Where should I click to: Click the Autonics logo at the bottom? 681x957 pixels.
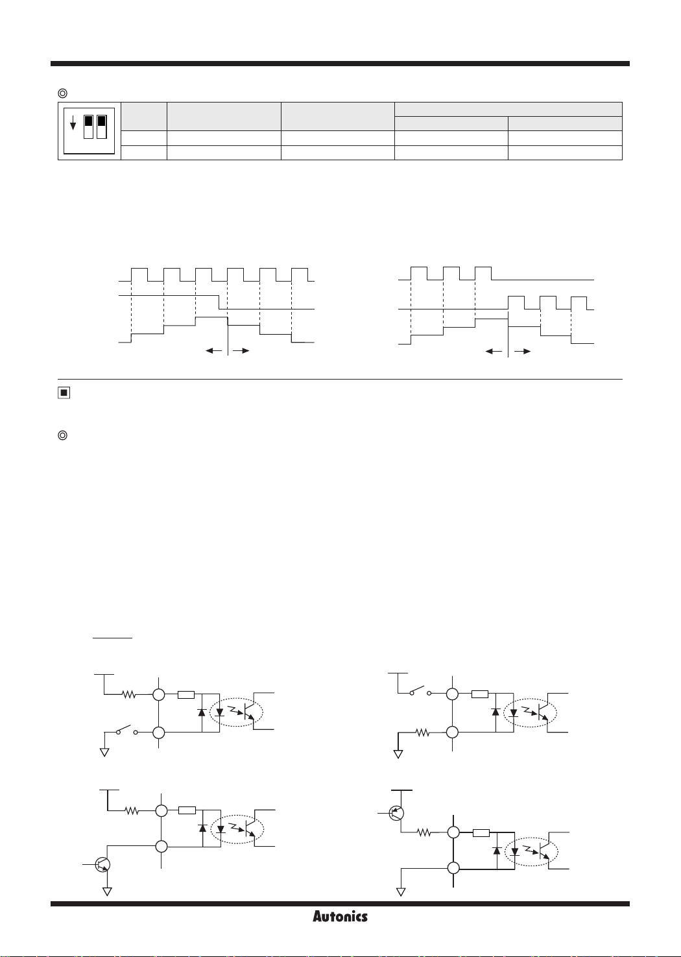click(x=340, y=916)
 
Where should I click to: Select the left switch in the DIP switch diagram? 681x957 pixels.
click(x=88, y=127)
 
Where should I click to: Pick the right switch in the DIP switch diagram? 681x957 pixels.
click(x=101, y=127)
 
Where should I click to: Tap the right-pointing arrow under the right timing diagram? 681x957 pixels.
click(x=523, y=351)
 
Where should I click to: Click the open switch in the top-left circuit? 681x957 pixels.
click(x=126, y=731)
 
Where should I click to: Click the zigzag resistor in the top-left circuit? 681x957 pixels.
click(x=128, y=694)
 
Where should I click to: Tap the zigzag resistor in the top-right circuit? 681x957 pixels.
click(x=423, y=733)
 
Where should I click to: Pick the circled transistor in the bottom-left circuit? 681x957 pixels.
click(x=102, y=864)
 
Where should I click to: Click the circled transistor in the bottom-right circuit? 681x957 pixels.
click(x=396, y=812)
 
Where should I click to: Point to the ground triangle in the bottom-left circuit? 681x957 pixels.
click(x=108, y=891)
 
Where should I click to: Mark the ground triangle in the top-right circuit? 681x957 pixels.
click(x=398, y=754)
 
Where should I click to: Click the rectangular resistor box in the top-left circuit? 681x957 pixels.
click(x=186, y=695)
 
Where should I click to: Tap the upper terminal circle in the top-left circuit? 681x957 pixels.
click(x=159, y=695)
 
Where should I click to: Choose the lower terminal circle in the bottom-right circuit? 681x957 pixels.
click(x=453, y=868)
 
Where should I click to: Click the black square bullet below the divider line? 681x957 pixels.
click(x=64, y=393)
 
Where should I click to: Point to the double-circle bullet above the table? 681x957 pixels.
click(x=63, y=93)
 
